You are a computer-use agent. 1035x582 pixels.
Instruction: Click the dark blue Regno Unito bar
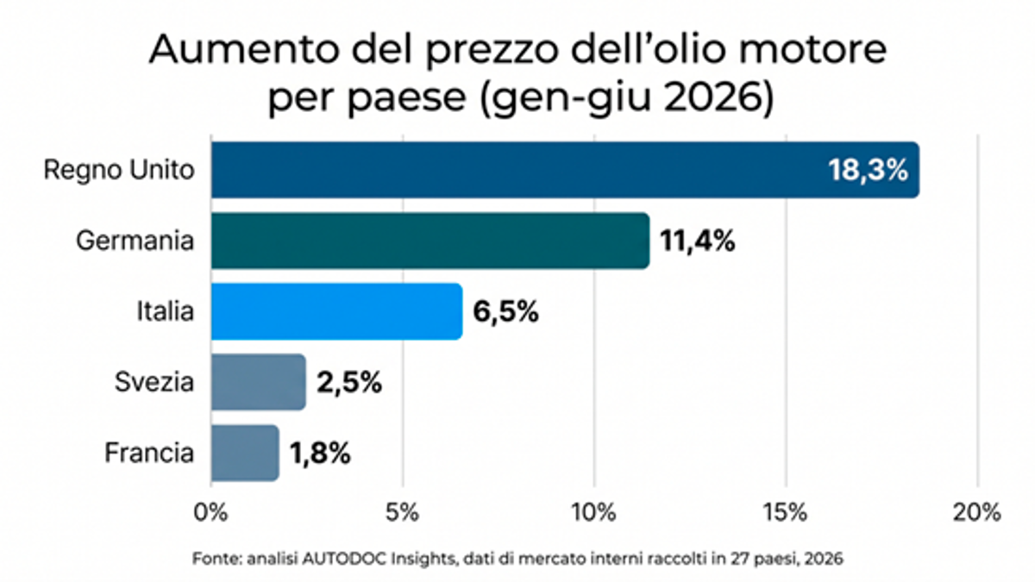coord(565,170)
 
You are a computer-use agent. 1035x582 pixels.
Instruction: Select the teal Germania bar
coord(430,241)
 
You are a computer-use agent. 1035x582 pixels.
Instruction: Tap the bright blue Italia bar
coord(337,311)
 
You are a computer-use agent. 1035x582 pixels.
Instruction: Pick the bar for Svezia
coord(258,382)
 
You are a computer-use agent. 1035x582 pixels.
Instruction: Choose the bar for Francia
coord(245,453)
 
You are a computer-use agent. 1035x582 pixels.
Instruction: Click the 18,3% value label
coord(868,171)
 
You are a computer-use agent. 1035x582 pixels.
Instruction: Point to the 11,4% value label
coord(697,241)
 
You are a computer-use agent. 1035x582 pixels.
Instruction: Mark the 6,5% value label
coord(505,312)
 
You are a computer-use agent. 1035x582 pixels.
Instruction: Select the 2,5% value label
coord(348,383)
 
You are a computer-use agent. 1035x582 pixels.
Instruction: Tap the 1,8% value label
coord(320,454)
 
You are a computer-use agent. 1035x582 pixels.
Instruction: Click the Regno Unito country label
coord(119,171)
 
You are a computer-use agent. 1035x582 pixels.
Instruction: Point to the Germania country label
coord(135,241)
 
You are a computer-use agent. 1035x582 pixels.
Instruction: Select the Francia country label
coord(148,453)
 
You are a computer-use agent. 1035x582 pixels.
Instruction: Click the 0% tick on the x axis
coord(210,513)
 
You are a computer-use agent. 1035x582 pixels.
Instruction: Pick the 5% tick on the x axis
coord(402,513)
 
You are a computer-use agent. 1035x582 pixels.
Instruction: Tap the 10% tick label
coord(593,513)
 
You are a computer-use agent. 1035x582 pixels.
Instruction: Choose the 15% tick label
coord(786,513)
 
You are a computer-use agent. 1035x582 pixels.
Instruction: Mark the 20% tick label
coord(976,513)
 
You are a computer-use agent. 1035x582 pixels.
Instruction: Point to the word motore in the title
coord(813,49)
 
